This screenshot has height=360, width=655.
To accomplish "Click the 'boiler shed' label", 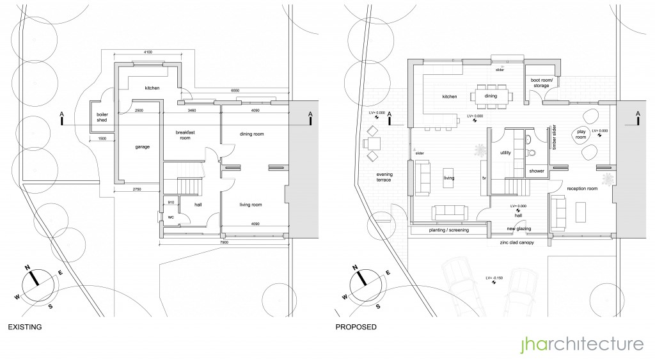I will [x=101, y=116].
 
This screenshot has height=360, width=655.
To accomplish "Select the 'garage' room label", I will [x=142, y=146].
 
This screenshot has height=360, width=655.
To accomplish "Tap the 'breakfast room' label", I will [x=185, y=134].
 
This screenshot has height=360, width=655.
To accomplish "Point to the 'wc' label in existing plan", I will [x=170, y=217].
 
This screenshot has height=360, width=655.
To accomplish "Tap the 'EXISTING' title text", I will [x=24, y=327].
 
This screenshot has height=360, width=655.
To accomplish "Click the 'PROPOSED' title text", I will [x=356, y=327].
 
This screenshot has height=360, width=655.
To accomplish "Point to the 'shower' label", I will [x=536, y=171].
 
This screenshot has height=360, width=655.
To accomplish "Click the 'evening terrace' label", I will [x=384, y=177].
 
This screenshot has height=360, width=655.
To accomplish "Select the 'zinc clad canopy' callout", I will [x=512, y=243].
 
